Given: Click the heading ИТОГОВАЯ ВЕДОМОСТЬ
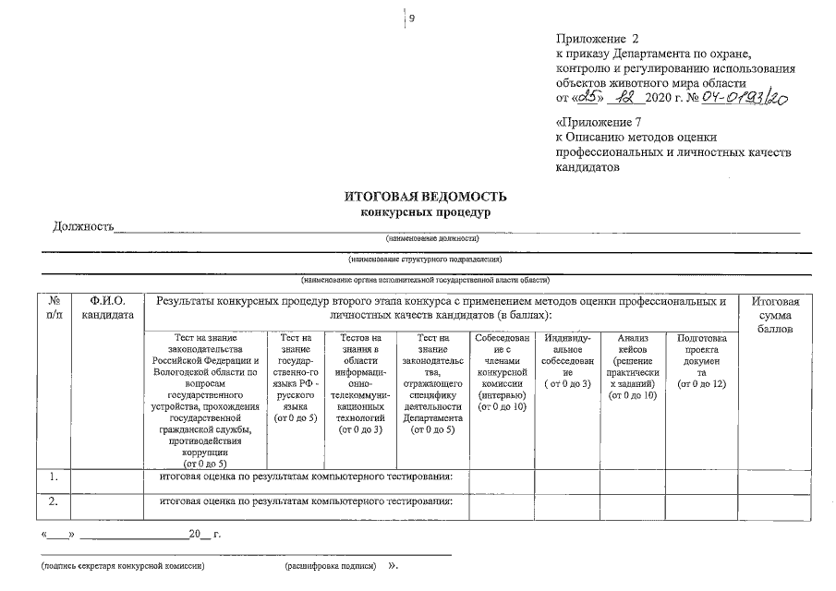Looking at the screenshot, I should point(425,197).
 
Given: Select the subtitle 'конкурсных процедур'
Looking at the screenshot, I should point(425,212).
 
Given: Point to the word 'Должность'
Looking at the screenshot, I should point(83,226).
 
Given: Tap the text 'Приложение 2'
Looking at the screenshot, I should point(598,39).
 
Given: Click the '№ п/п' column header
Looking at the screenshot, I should point(55,308).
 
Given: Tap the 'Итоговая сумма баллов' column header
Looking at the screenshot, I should point(775,315).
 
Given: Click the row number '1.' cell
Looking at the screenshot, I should point(55,477).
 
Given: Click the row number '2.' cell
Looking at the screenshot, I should point(55,501).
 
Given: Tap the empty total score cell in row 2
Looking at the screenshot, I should point(775,501).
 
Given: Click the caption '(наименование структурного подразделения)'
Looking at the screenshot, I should point(425,259).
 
